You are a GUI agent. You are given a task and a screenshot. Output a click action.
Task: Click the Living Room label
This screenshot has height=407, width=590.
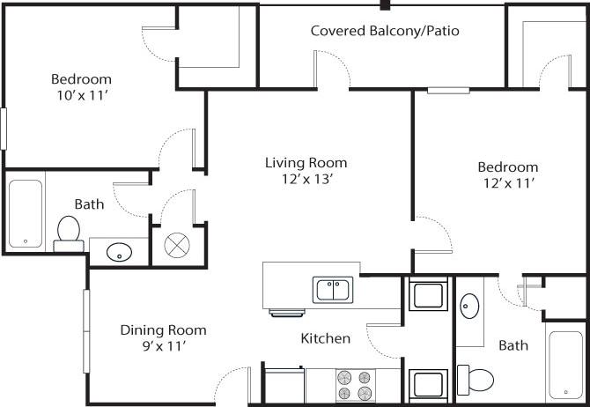tap(306, 162)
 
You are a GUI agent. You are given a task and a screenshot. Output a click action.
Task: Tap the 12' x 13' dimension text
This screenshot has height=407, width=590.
tap(306, 179)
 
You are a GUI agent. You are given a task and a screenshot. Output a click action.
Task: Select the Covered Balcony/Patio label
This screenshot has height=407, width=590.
tap(385, 31)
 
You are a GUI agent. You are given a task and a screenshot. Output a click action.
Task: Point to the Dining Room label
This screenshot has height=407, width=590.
tap(163, 330)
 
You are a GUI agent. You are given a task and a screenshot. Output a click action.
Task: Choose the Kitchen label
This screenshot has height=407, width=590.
tap(326, 338)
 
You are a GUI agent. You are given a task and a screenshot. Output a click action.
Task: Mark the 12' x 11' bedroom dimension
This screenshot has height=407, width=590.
tap(507, 183)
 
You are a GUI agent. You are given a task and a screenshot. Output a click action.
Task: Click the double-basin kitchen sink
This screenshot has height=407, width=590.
tap(333, 288)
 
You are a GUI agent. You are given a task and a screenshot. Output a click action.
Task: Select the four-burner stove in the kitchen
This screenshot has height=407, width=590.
tap(354, 385)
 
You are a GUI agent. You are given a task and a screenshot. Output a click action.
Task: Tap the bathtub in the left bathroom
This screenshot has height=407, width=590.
tap(26, 213)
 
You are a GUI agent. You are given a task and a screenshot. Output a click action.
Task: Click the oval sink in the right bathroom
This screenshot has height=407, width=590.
tap(469, 307)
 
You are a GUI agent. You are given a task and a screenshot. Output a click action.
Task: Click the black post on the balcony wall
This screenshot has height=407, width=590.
tap(385, 4)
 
